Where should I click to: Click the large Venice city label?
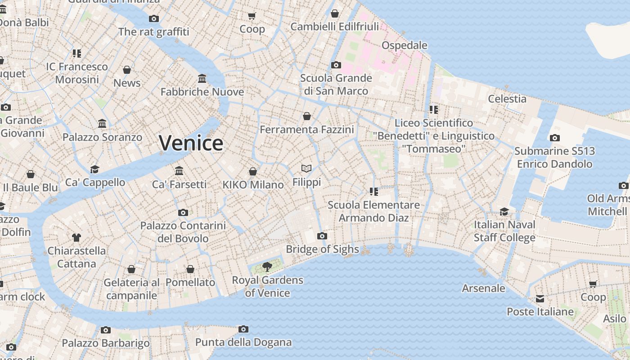pos(191,143)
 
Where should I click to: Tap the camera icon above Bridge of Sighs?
pos(322,236)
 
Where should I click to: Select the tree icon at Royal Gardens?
pos(267,266)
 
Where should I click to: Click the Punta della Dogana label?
pos(243,342)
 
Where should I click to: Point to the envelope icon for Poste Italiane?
pos(540,299)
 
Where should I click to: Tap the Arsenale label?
pos(483,288)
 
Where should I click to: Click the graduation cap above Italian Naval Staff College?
pos(504,211)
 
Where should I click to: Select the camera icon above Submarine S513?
pos(554,138)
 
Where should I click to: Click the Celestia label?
pos(507,99)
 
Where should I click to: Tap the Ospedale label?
pos(404,45)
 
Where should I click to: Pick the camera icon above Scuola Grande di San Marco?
pos(336,65)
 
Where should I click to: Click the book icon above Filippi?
pos(306,169)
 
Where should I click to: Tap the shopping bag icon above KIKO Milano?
pos(253,171)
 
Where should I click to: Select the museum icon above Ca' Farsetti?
pos(179,171)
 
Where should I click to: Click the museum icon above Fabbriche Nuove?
pos(202,79)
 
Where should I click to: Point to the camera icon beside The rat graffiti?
pos(154,18)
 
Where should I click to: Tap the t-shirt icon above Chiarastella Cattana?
pos(76,237)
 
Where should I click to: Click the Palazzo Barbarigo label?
pos(106,343)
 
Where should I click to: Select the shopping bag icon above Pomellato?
pos(190,269)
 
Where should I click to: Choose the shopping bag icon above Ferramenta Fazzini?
pos(307,116)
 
